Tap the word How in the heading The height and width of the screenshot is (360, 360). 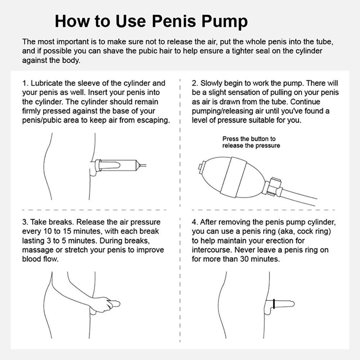click(x=72, y=21)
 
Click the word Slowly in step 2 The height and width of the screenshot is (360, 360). click(x=211, y=84)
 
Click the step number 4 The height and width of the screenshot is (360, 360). click(x=194, y=222)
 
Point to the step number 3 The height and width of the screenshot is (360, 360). click(x=24, y=222)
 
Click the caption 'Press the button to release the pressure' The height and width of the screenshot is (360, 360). click(x=251, y=142)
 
